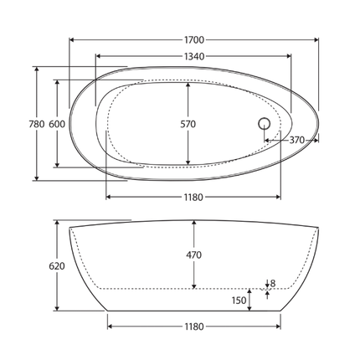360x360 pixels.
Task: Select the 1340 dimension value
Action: coord(193,56)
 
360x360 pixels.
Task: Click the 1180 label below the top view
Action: coord(193,197)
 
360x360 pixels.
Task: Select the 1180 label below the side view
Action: coord(193,327)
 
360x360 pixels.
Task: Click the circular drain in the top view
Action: coord(265,124)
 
